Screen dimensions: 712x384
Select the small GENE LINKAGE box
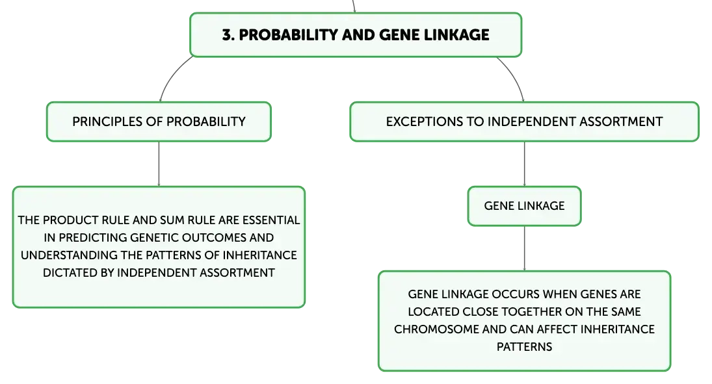point(525,206)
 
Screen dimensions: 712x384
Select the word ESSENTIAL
point(271,220)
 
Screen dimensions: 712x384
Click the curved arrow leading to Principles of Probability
point(172,75)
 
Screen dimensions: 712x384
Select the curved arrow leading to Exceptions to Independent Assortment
point(514,75)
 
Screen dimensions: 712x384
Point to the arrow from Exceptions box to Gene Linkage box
point(525,164)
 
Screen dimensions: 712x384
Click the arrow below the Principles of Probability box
point(159,164)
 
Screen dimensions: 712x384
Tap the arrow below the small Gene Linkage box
point(525,249)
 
